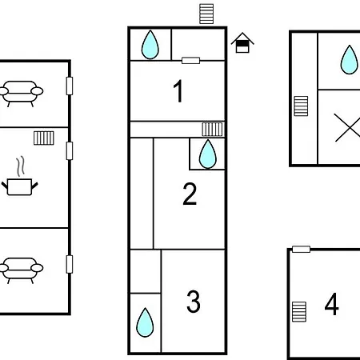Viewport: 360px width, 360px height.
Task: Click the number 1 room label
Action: [178, 91]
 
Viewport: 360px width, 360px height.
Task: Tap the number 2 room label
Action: [190, 194]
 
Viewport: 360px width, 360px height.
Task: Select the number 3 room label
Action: [194, 302]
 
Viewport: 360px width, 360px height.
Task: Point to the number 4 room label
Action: [332, 304]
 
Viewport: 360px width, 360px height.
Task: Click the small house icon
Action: [242, 42]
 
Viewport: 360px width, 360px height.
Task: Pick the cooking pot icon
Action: [20, 177]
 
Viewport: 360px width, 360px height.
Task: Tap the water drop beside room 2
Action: [207, 154]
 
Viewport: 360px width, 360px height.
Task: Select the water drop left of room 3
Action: [145, 322]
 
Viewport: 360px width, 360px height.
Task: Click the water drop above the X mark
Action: [349, 59]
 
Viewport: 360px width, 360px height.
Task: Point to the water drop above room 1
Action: [150, 45]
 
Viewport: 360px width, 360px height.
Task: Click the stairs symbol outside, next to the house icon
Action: [206, 14]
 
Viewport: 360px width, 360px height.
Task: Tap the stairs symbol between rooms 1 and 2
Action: [212, 130]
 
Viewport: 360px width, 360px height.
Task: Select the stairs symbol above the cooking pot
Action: [44, 138]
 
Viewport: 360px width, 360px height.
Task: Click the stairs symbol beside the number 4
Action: [299, 312]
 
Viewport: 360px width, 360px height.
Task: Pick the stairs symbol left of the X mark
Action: [301, 106]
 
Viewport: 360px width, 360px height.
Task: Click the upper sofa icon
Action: [21, 94]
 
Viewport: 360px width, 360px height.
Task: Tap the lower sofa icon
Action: [21, 270]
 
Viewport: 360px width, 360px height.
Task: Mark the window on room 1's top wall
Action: [190, 61]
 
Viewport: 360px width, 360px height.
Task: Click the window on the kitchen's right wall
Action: [70, 151]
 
